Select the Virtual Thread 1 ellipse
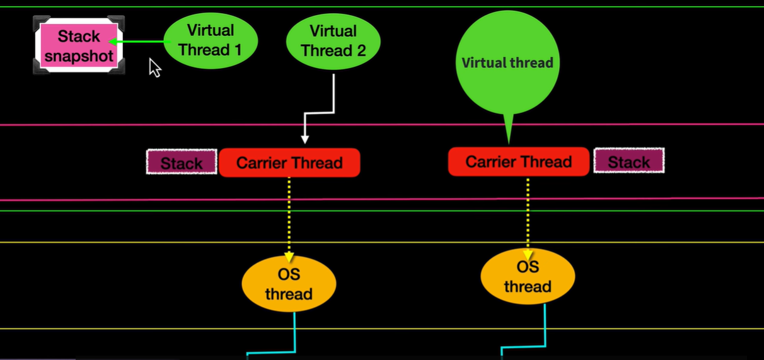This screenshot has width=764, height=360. pyautogui.click(x=211, y=40)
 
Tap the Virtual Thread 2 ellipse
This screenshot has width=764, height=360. pyautogui.click(x=333, y=40)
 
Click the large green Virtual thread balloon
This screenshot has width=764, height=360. pyautogui.click(x=507, y=62)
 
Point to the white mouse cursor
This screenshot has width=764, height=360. pyautogui.click(x=154, y=67)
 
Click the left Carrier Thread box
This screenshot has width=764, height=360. pyautogui.click(x=289, y=163)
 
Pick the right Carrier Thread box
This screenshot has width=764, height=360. pyautogui.click(x=518, y=162)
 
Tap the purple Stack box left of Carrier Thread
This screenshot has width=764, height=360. pyautogui.click(x=182, y=163)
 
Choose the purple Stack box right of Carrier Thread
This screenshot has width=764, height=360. pyautogui.click(x=628, y=161)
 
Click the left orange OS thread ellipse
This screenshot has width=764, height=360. pyautogui.click(x=289, y=284)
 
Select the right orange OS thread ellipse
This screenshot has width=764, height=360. pyautogui.click(x=528, y=277)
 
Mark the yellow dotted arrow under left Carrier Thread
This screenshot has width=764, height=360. pyautogui.click(x=289, y=218)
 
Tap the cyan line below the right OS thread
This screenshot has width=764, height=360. pyautogui.click(x=545, y=325)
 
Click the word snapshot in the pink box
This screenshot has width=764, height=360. pyautogui.click(x=79, y=56)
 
